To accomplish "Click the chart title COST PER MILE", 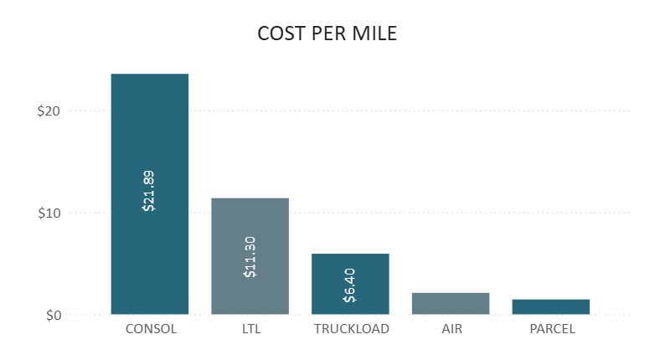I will [x=327, y=34].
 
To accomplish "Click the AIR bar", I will [x=451, y=304].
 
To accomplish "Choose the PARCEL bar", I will [x=551, y=307].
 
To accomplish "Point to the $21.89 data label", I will [x=149, y=191].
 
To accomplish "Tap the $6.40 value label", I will [x=350, y=285].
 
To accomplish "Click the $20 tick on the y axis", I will [x=50, y=111].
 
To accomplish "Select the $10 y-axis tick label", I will [x=50, y=213].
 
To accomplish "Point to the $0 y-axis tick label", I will [x=54, y=316].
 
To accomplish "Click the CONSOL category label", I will [x=151, y=329].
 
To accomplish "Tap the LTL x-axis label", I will [x=250, y=329].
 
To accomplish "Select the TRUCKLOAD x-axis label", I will [x=351, y=329].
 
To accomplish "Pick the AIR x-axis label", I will [x=451, y=329].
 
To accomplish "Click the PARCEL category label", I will [x=552, y=329].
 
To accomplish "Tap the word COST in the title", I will [x=279, y=34].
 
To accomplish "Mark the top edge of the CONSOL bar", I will [x=150, y=75].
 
